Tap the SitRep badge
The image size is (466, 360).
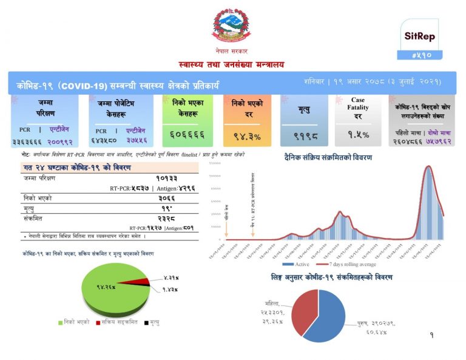click(420, 36)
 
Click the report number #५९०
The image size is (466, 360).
click(420, 55)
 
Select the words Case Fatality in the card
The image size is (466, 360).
click(358, 104)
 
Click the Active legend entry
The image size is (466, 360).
click(297, 264)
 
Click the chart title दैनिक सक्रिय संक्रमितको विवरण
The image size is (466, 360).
click(328, 157)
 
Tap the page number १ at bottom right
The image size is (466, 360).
click(431, 335)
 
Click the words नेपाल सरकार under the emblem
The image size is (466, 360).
click(231, 52)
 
